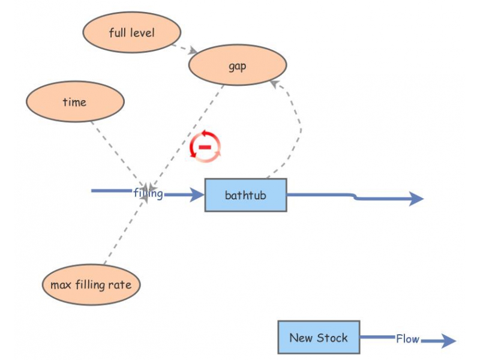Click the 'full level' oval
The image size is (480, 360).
tap(131, 32)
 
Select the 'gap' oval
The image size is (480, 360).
tap(237, 65)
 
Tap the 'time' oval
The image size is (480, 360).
tap(74, 102)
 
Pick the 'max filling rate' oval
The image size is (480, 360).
tap(91, 284)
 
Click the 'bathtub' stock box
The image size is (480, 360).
tap(245, 195)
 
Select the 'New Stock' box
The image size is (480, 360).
tap(318, 337)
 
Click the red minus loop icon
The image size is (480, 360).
tap(205, 146)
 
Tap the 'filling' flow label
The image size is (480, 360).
tap(148, 193)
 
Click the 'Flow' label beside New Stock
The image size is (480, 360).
tap(407, 339)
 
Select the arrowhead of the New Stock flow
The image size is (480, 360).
tap(448, 341)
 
